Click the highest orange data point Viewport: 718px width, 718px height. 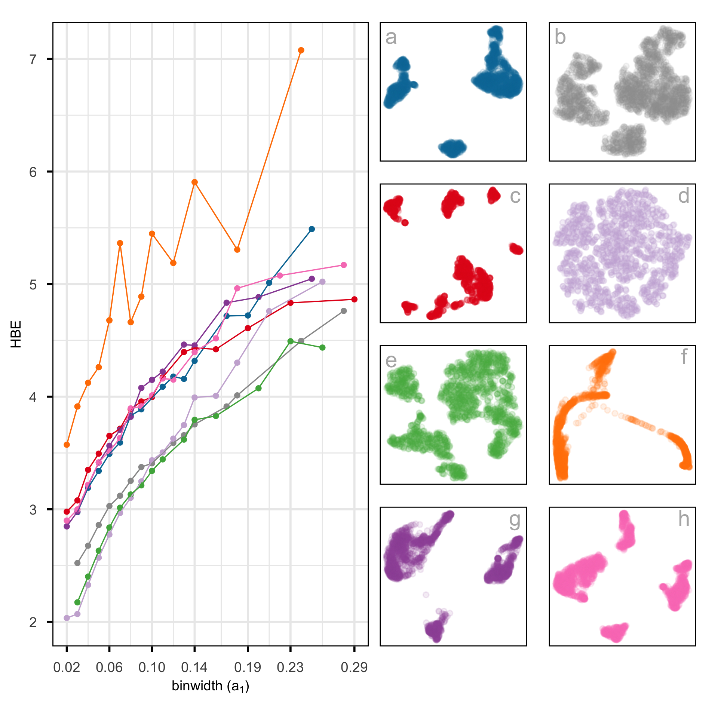click(x=301, y=50)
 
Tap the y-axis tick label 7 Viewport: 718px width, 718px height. click(x=33, y=59)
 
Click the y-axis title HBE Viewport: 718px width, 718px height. click(x=16, y=334)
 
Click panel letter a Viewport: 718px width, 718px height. click(x=391, y=37)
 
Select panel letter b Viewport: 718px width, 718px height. click(x=560, y=37)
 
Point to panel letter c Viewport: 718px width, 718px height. click(x=515, y=196)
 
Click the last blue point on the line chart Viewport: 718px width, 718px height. click(x=312, y=229)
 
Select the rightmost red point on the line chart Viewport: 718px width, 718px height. click(x=355, y=300)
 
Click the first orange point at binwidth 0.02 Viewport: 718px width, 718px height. click(x=67, y=445)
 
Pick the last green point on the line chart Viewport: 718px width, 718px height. click(x=322, y=348)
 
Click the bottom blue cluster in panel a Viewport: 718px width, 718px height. click(x=452, y=148)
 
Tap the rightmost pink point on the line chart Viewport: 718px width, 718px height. click(x=344, y=265)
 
